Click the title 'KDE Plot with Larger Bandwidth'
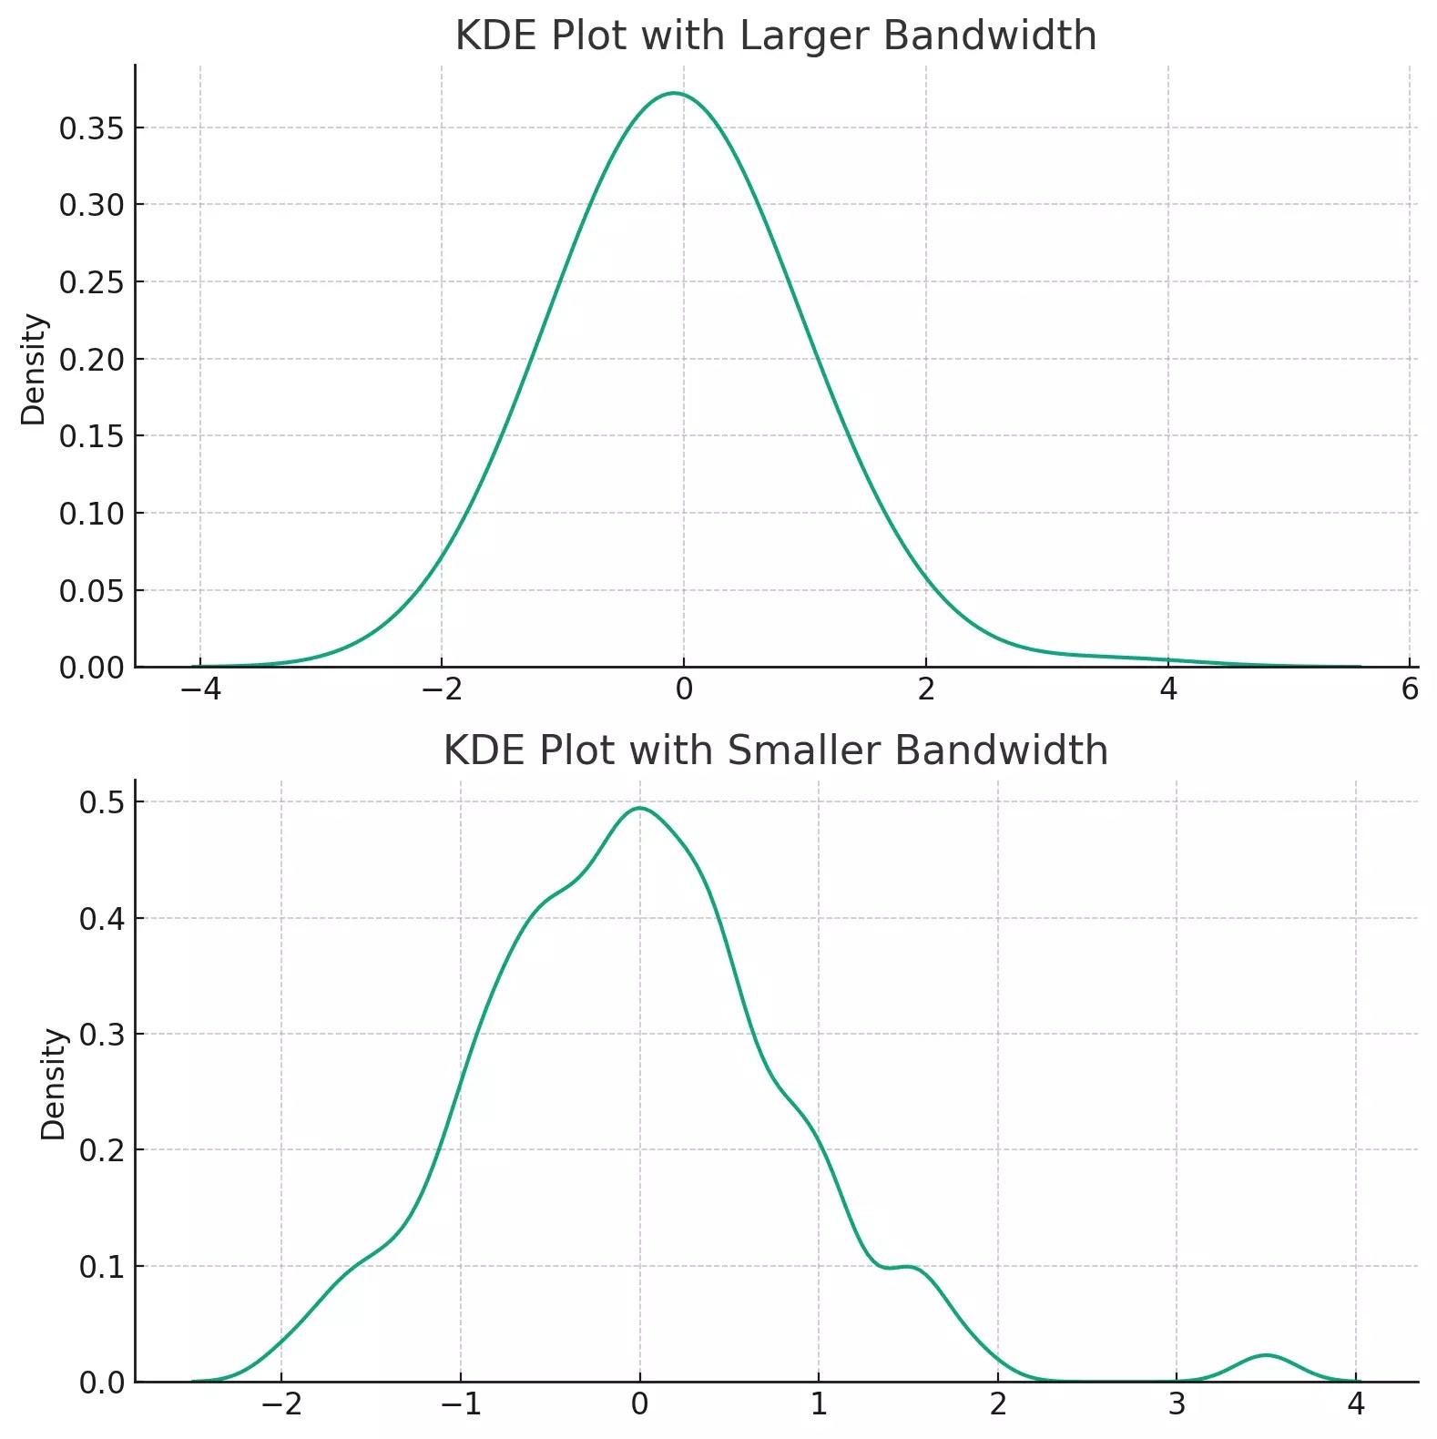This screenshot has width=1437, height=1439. pos(775,36)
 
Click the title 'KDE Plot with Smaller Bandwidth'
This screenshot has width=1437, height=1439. pos(775,751)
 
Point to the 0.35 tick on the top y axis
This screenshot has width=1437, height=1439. pos(91,128)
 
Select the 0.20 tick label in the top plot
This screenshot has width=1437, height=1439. pos(91,360)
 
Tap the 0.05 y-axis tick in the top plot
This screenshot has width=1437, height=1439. pos(91,591)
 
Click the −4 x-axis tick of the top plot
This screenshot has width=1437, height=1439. pos(200,689)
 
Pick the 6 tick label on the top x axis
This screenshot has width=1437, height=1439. pos(1410,689)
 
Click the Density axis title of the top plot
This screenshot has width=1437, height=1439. pos(34,369)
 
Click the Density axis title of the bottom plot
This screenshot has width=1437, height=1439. pos(54,1084)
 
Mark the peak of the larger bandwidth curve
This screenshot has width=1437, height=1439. pos(674,93)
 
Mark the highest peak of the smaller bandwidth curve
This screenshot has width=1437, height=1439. pos(640,808)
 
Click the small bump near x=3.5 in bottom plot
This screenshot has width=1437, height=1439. pos(1266,1355)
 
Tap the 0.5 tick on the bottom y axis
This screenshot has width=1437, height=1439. pos(101,802)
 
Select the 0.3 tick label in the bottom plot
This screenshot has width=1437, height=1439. pos(101,1035)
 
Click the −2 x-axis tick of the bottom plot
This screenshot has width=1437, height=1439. pos(280,1404)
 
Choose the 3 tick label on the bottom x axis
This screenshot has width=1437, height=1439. pos(1177,1404)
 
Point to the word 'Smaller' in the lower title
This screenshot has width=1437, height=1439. pos(804,751)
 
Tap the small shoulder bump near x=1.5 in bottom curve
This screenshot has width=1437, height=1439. pos(906,1267)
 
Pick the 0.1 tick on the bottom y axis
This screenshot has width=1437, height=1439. pos(101,1267)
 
